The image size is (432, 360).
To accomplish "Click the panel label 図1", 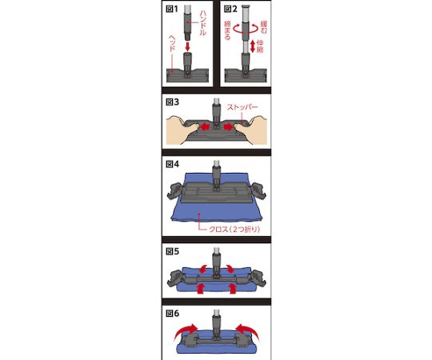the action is (x=172, y=9).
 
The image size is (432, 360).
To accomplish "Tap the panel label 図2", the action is (x=230, y=9).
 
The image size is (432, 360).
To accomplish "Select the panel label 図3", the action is (x=172, y=102).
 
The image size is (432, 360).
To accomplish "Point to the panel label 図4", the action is (x=172, y=164).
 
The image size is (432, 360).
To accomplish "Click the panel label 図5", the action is (x=172, y=251).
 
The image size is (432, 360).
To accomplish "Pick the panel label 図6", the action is (x=172, y=314).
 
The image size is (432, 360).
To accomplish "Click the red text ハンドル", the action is (x=202, y=22).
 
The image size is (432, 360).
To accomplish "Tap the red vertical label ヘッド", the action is (x=172, y=43).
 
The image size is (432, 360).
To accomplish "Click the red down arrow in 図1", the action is (x=188, y=46).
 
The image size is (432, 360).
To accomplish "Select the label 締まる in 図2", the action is (x=227, y=30).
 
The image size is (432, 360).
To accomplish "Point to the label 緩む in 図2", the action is (x=264, y=27).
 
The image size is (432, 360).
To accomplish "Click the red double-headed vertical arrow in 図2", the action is (x=253, y=46).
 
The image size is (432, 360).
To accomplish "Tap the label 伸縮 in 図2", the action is (x=260, y=46).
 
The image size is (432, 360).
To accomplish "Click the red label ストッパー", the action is (x=242, y=107).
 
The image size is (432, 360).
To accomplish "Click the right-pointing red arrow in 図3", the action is (x=229, y=127).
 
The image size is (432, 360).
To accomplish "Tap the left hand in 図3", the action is (x=182, y=129).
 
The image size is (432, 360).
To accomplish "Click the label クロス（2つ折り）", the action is (x=234, y=229).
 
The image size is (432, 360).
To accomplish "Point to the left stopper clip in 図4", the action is (x=175, y=190).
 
